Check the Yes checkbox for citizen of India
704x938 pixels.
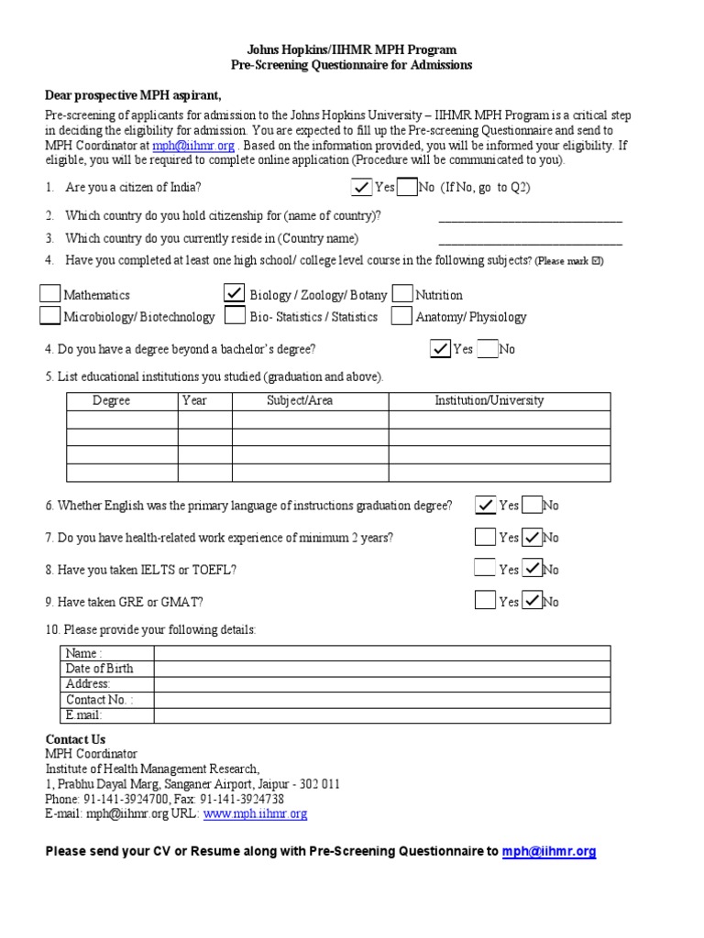point(362,187)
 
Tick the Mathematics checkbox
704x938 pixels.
point(50,294)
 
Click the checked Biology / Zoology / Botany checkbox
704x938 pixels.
point(235,294)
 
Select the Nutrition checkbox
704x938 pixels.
point(401,294)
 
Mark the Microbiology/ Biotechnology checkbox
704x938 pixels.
point(50,316)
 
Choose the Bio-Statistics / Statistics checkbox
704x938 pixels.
point(235,316)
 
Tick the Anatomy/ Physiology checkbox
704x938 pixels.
point(401,316)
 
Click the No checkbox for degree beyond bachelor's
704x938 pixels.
point(488,349)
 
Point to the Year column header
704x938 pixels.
point(194,400)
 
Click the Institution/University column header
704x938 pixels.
point(489,400)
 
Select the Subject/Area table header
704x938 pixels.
point(300,400)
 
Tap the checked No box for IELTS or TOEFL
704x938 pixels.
point(533,569)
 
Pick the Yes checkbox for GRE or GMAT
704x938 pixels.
point(485,601)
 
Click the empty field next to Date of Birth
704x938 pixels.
point(381,669)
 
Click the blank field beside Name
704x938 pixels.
point(381,653)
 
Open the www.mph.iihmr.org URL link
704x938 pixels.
point(255,813)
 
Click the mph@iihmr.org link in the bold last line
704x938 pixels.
point(549,851)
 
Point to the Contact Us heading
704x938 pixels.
point(75,739)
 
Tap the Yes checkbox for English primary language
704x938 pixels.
point(485,505)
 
